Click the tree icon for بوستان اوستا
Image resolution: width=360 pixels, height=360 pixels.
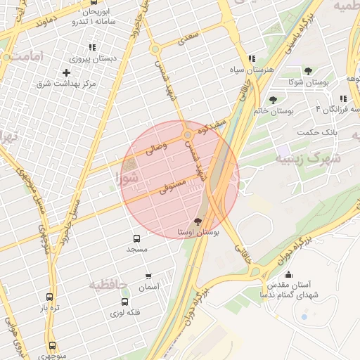point(197,221)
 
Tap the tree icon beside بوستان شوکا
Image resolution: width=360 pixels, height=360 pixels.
point(308,71)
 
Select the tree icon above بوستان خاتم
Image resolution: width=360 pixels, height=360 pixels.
point(273,100)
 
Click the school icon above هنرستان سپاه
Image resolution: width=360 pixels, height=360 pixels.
point(252,58)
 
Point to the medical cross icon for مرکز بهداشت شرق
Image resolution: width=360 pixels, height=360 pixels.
point(67,72)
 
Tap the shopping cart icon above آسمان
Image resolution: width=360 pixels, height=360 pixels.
point(148,276)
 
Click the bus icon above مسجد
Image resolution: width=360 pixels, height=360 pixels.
point(136,238)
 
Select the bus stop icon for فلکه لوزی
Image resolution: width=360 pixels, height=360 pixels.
point(125,302)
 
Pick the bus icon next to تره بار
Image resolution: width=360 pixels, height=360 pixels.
point(49,297)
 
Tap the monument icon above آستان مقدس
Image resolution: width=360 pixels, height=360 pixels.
point(288,275)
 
